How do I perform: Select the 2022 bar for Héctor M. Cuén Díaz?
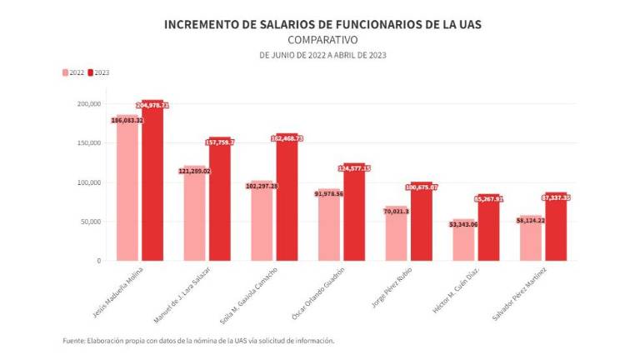[463, 242]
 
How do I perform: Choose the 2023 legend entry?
[100, 72]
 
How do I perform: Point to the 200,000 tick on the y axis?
[88, 104]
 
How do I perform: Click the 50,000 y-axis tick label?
[90, 222]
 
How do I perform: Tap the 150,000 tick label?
[88, 143]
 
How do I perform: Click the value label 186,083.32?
[127, 120]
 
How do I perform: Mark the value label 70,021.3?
[396, 212]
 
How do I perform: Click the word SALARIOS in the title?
[289, 24]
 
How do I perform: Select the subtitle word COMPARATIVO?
[322, 39]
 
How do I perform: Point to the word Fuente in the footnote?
[73, 341]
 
